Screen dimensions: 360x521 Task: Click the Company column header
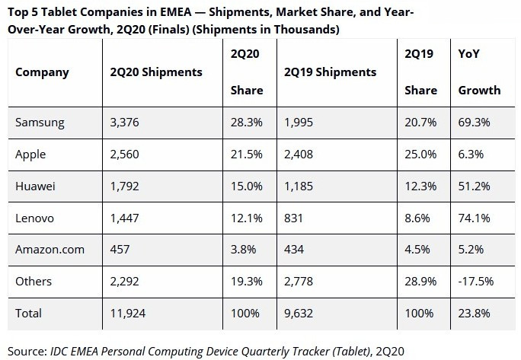click(x=42, y=72)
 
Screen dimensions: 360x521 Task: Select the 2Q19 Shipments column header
click(x=330, y=72)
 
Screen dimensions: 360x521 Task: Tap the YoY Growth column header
click(x=479, y=72)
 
